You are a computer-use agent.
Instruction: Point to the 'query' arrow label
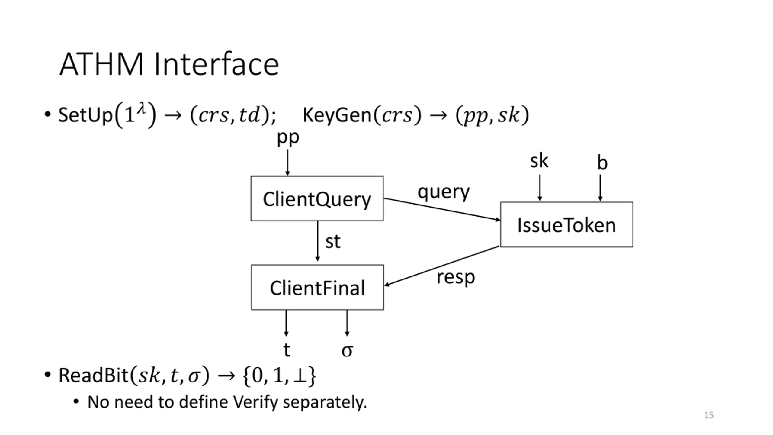click(444, 192)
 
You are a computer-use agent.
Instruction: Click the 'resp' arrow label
click(456, 277)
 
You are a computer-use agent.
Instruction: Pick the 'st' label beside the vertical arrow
click(333, 242)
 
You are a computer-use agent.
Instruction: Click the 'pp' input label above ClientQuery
click(288, 138)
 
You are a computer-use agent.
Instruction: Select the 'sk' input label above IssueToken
click(539, 161)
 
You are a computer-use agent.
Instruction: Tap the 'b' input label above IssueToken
click(602, 163)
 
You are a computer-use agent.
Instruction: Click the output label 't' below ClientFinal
click(287, 350)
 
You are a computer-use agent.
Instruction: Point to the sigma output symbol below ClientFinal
click(347, 351)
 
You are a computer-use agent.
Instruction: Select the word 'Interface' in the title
click(217, 64)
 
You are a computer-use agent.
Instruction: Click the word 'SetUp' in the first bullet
click(85, 115)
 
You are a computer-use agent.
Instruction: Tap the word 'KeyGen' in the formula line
click(337, 115)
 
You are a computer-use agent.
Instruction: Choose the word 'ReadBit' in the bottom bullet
click(94, 375)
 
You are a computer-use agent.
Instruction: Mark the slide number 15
click(709, 415)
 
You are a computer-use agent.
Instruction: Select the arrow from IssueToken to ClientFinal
click(442, 266)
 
